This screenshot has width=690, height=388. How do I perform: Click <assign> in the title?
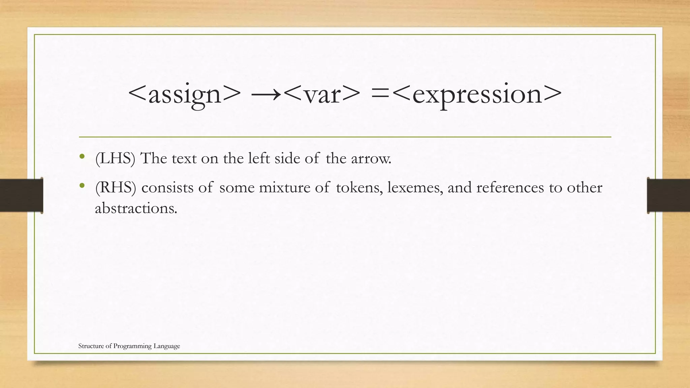point(185,94)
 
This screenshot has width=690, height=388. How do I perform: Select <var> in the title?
point(322,94)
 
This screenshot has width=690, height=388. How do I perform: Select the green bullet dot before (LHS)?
point(82,157)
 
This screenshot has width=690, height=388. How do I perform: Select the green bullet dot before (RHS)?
point(82,186)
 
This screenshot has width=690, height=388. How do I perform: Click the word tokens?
point(359,188)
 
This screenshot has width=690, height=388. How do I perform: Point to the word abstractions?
point(136,208)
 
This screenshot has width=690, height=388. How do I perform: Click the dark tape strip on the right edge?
point(668,195)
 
